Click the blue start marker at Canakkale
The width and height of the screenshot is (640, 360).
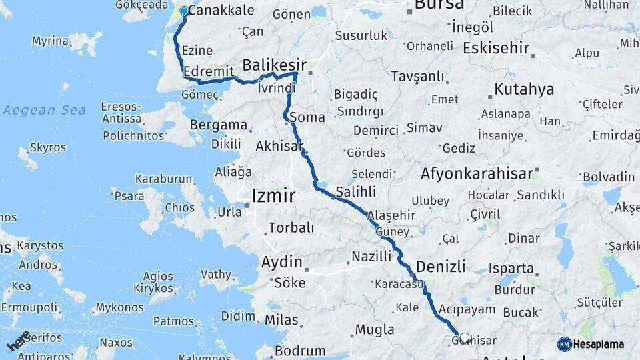click(184, 11)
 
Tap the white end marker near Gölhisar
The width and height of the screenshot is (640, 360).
click(465, 338)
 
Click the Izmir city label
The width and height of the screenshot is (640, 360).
click(273, 196)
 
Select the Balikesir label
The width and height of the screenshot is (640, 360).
click(274, 65)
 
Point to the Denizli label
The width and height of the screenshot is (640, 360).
click(441, 266)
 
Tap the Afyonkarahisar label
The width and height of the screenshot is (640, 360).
click(477, 174)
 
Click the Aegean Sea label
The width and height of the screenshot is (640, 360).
click(44, 110)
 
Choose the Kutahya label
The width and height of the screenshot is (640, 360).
click(524, 89)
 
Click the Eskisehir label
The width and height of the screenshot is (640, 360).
click(496, 48)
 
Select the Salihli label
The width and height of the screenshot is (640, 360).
click(355, 191)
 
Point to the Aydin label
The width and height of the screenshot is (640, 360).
click(281, 261)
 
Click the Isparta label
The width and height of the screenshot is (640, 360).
click(511, 269)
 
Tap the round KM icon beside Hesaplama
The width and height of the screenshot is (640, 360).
click(565, 344)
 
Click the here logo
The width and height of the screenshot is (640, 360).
click(18, 340)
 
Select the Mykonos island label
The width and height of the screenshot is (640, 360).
click(119, 307)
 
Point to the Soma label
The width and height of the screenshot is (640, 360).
click(308, 117)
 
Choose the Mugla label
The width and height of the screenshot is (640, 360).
click(374, 329)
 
